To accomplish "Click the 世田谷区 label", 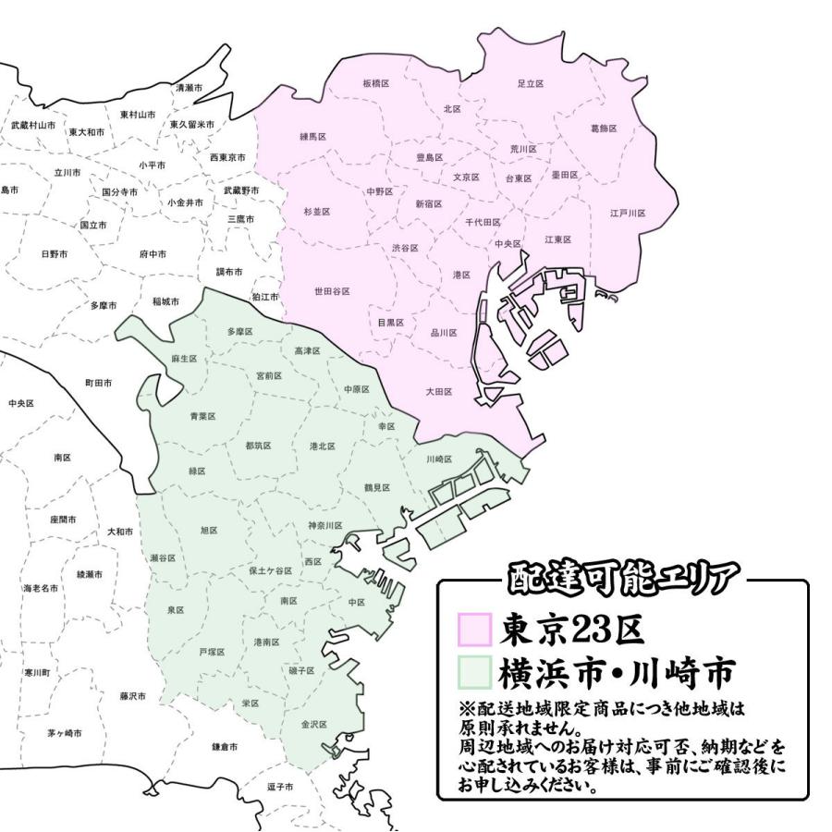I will pyautogui.click(x=332, y=291).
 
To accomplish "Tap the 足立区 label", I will pyautogui.click(x=530, y=83).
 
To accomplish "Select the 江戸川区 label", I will pyautogui.click(x=627, y=213).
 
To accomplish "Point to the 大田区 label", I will pyautogui.click(x=438, y=392).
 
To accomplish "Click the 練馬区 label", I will pyautogui.click(x=313, y=136).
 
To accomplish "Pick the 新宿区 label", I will pyautogui.click(x=428, y=203).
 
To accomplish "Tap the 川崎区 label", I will pyautogui.click(x=439, y=459).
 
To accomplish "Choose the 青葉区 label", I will pyautogui.click(x=202, y=417).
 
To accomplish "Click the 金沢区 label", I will pyautogui.click(x=314, y=725).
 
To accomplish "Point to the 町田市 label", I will pyautogui.click(x=98, y=381).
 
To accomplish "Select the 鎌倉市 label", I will pyautogui.click(x=225, y=745).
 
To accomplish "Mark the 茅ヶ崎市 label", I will pyautogui.click(x=65, y=733).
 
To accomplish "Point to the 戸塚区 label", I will pyautogui.click(x=212, y=652).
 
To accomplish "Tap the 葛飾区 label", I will pyautogui.click(x=603, y=128).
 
